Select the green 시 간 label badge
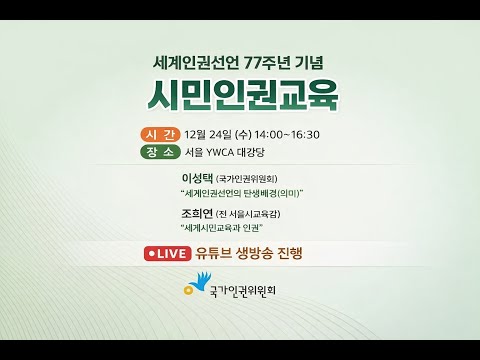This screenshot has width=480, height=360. click(x=160, y=134)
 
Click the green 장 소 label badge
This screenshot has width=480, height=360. click(x=160, y=152)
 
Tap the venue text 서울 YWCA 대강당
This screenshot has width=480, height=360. click(x=225, y=152)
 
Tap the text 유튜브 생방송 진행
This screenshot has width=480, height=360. click(x=249, y=253)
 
